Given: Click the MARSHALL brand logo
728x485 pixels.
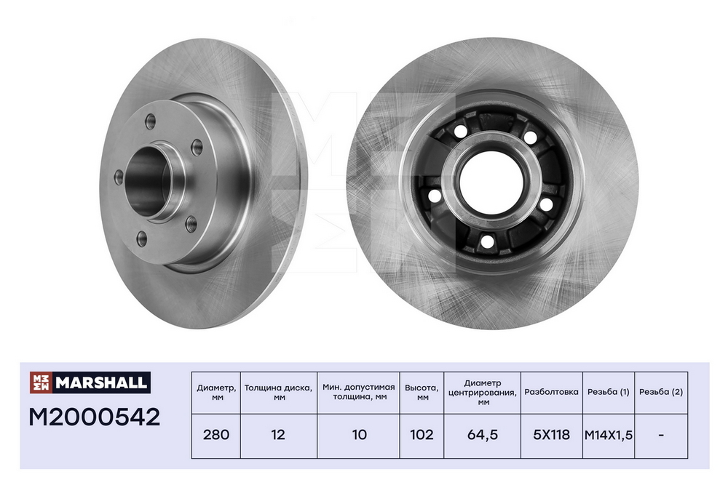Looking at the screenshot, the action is coord(90,382).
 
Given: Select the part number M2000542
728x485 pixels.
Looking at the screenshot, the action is coord(95,417).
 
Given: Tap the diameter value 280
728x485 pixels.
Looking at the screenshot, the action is coord(216,435).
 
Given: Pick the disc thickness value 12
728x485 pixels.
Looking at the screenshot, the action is coord(278,435).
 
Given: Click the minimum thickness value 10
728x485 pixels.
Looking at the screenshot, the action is coord(359,435).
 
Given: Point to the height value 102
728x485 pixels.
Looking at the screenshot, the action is coord(422,435).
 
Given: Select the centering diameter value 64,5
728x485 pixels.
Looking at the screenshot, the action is coord(483,435).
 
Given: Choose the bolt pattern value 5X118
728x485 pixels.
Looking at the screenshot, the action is coord(552,435).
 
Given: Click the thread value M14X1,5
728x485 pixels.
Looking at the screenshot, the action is coord(608,436).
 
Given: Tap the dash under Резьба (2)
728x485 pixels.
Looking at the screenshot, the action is coord(661,435).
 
